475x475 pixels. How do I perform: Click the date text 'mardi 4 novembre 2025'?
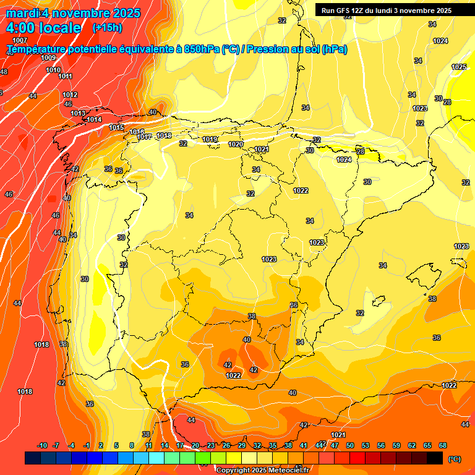pos(73,13)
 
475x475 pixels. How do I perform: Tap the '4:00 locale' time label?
pos(43,28)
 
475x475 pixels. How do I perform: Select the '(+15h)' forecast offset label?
pos(107,28)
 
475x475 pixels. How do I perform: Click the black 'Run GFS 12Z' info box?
pos(386,10)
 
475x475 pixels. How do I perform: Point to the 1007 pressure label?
pos(20,40)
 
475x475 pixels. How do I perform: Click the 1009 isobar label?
pos(48,58)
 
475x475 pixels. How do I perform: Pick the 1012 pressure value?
pos(70,95)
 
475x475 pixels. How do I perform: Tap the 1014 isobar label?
pos(94,119)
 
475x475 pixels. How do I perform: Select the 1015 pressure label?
pos(116,127)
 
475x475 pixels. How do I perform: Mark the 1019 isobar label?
pos(210,139)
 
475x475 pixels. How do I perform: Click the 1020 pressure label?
pos(236,144)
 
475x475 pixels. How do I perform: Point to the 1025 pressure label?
pos(459,67)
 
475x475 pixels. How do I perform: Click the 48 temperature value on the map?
pos(4,72)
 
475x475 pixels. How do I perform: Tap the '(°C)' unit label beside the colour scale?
pos(454,459)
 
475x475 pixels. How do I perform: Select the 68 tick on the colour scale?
pos(443,445)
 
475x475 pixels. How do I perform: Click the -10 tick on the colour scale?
pos(43,445)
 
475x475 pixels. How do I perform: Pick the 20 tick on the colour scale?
pos(195,445)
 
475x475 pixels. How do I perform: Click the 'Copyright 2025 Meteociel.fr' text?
pos(263,470)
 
